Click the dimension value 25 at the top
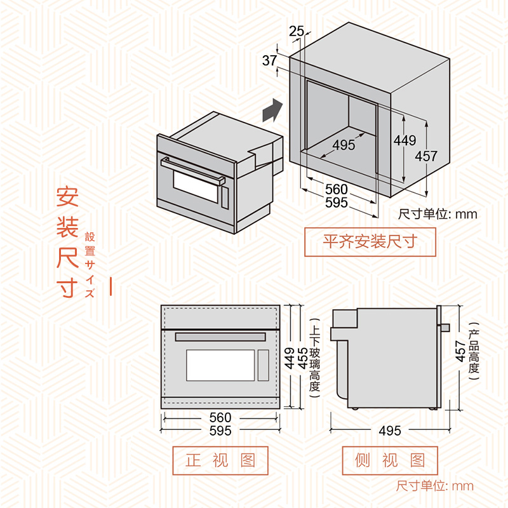(x=296, y=31)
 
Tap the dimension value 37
(x=269, y=61)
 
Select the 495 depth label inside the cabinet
(x=344, y=145)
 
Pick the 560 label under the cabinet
(x=336, y=189)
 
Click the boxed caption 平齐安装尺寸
(x=370, y=242)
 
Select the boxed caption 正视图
(x=220, y=460)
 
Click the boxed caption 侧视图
(x=390, y=460)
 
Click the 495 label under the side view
(x=390, y=431)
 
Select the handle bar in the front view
(x=220, y=337)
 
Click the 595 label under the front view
(x=220, y=431)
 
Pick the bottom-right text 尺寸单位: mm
(x=435, y=486)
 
